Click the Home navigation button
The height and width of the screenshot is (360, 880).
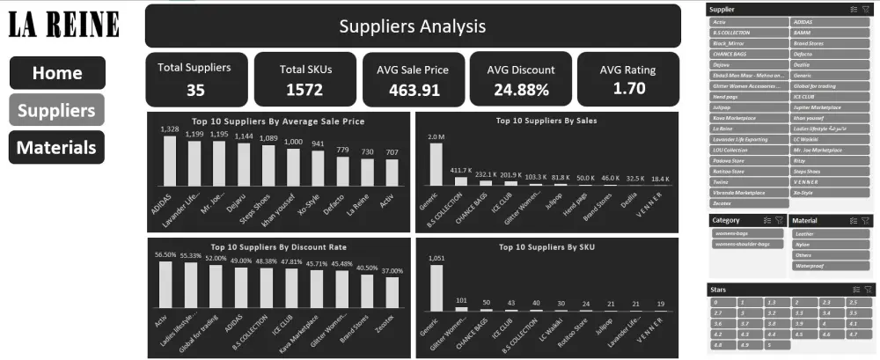(57, 73)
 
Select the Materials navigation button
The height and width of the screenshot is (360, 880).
(56, 147)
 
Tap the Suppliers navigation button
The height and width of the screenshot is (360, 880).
(56, 110)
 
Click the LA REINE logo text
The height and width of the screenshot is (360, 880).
(63, 25)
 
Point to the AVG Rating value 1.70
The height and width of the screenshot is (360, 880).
(628, 88)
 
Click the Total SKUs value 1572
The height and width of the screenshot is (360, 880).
(304, 88)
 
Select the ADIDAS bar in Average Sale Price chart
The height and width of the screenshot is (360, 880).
(170, 160)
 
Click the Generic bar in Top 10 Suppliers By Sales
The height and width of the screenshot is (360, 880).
(436, 164)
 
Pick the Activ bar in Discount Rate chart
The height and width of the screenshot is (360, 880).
(165, 284)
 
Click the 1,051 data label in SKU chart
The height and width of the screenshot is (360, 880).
(436, 258)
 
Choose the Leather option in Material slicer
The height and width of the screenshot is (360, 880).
(830, 234)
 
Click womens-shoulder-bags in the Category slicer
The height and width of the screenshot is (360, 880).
(746, 244)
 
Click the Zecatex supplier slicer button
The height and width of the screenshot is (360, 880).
(746, 202)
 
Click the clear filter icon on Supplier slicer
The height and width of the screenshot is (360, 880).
(868, 9)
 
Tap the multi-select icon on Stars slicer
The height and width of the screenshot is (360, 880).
(854, 289)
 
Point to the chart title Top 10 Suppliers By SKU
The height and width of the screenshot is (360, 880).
(546, 247)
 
